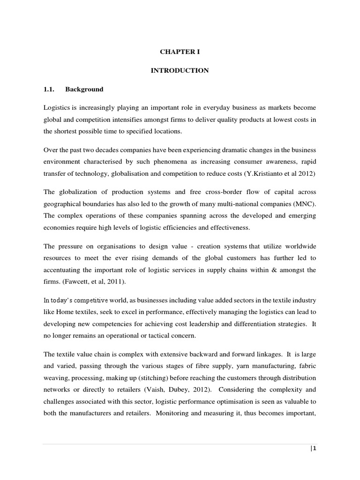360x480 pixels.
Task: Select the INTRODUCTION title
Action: pyautogui.click(x=180, y=70)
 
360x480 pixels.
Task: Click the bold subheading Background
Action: pyautogui.click(x=84, y=89)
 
